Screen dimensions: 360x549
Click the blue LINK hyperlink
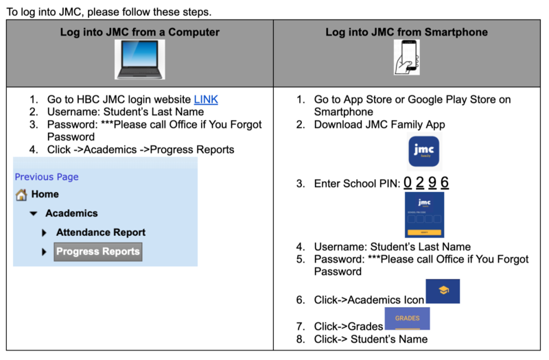tap(206, 99)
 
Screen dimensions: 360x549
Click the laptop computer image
tap(139, 60)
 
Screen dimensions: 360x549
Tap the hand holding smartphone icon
tap(406, 57)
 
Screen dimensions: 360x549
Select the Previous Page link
tap(47, 177)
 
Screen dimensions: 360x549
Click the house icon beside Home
tap(21, 195)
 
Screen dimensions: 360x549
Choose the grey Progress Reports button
tap(98, 252)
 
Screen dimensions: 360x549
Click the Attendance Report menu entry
tap(101, 232)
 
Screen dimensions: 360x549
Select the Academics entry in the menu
tap(71, 213)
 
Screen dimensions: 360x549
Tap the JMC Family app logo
tap(423, 152)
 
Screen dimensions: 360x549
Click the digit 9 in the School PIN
tap(432, 182)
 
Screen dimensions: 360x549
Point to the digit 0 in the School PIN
tap(408, 182)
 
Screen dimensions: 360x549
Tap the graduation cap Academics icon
tap(443, 291)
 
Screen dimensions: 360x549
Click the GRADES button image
tap(407, 319)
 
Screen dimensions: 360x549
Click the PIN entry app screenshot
tap(424, 215)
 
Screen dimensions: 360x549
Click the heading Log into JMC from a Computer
tap(140, 32)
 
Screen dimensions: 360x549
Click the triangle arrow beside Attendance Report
tap(45, 233)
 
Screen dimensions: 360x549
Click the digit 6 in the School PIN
tap(445, 182)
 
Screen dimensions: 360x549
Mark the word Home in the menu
tap(45, 195)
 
